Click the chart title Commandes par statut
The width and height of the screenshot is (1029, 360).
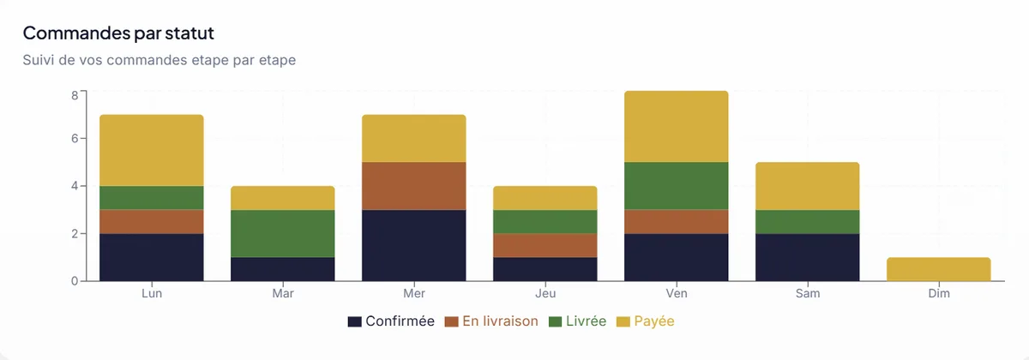click(118, 33)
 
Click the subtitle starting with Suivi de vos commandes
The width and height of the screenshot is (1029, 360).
click(159, 61)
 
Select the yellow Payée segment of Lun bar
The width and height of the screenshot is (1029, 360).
click(152, 150)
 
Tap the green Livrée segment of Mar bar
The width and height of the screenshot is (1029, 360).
click(283, 233)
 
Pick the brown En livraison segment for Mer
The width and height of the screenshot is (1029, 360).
click(414, 185)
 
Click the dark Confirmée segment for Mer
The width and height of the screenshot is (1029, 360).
click(414, 244)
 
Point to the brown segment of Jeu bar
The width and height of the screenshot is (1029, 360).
click(545, 245)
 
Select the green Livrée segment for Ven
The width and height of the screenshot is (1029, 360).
click(677, 185)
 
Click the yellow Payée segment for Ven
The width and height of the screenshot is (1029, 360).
click(677, 126)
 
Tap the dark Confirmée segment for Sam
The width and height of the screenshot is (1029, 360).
click(808, 256)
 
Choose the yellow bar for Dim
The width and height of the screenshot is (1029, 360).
click(939, 269)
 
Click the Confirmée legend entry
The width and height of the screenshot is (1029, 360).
click(391, 321)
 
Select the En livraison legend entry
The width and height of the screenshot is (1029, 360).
click(492, 321)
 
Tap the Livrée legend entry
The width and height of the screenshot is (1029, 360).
click(577, 321)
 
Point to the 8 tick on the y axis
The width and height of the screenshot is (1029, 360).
click(75, 95)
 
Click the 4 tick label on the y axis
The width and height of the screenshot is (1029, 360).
click(75, 186)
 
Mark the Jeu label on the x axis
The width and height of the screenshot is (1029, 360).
click(545, 293)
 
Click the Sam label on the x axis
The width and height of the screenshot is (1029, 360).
click(808, 293)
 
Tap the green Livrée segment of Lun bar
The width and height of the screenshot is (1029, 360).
click(152, 197)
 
